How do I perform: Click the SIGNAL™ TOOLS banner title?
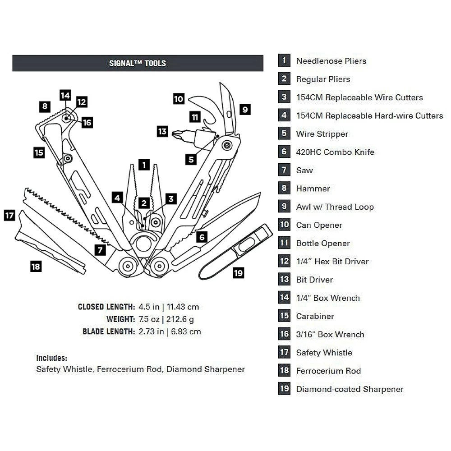tap(138, 64)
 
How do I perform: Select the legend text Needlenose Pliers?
tap(331, 61)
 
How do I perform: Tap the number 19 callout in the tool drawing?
tap(239, 273)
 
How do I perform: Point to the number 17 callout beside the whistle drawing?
tap(9, 215)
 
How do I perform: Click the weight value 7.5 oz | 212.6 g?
tap(167, 319)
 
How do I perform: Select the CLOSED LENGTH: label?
tap(106, 307)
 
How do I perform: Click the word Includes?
tap(51, 358)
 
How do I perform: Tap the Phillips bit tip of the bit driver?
tap(177, 133)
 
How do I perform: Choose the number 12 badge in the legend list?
tap(284, 261)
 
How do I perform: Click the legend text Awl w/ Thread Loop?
tap(335, 207)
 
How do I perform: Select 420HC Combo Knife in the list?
tap(335, 152)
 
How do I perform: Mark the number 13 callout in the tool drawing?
tap(162, 132)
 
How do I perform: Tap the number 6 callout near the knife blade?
tap(202, 237)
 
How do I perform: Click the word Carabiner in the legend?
tap(315, 316)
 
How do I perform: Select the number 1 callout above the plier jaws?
tap(143, 165)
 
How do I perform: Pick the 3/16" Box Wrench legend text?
tap(330, 335)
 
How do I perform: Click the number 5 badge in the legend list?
tap(284, 133)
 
